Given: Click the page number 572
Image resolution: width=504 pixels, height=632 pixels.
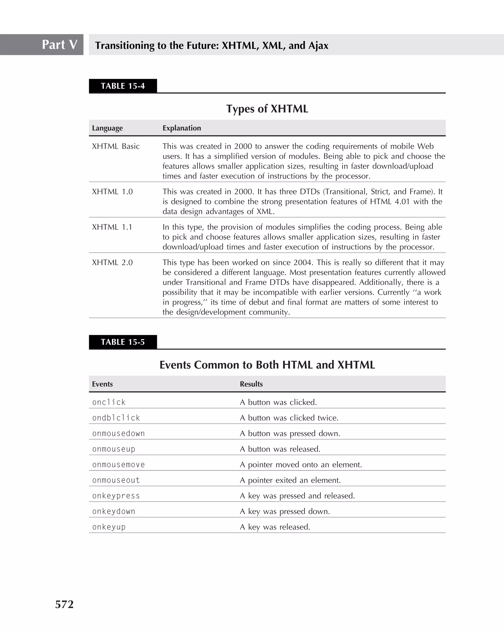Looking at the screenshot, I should point(64,604).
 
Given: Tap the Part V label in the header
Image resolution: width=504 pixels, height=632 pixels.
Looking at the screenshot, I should point(60,45).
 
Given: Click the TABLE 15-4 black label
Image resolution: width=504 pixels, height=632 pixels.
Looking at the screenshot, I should point(123,86).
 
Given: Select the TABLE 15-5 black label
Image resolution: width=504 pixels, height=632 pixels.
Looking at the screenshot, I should point(123,342).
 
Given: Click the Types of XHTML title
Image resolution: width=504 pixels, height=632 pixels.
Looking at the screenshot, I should point(267,109).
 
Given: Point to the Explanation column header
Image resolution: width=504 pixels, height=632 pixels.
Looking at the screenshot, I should point(182,128).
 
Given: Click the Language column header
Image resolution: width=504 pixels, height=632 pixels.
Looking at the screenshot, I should point(107,128).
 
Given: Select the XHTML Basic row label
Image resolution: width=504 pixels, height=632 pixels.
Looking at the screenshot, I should point(116,146).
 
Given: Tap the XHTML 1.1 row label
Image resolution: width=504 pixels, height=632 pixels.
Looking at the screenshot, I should point(112,227).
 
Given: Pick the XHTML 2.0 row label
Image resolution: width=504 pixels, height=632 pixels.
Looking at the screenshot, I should point(112,262).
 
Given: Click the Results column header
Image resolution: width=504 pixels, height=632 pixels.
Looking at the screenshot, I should point(251,384).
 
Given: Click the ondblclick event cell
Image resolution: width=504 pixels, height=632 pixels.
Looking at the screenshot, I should point(116,418).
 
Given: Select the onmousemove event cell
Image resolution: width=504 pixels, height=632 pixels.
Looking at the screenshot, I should point(118,465).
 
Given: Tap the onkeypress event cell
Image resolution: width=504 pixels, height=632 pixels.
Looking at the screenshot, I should point(116,496).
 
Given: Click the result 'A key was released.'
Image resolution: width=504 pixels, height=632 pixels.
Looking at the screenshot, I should point(275,527).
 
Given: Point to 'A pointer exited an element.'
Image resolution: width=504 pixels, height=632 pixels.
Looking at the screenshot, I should point(290,480).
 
